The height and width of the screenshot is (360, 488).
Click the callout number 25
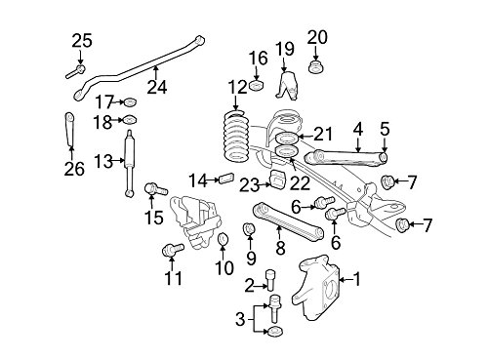(82, 41)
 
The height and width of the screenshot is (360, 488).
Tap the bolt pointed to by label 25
(76, 72)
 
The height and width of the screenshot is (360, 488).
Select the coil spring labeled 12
(236, 138)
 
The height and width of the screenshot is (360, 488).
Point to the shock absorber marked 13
(130, 163)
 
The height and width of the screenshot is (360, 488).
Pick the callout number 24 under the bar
(157, 87)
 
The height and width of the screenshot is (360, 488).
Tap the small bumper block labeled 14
(227, 178)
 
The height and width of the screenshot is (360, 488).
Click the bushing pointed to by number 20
(316, 66)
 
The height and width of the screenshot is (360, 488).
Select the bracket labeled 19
(287, 86)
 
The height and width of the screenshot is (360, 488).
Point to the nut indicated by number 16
(257, 86)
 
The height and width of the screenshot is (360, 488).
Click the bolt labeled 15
(155, 189)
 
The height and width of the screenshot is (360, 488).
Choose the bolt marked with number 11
(173, 250)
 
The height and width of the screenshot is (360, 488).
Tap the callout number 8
(280, 249)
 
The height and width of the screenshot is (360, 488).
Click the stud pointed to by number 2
(270, 280)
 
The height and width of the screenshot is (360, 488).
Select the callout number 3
(240, 319)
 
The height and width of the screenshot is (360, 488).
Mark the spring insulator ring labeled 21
(286, 139)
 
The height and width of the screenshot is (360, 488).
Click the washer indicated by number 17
(130, 102)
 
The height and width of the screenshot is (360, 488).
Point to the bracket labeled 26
(70, 129)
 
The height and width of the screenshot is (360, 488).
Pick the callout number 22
(300, 183)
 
